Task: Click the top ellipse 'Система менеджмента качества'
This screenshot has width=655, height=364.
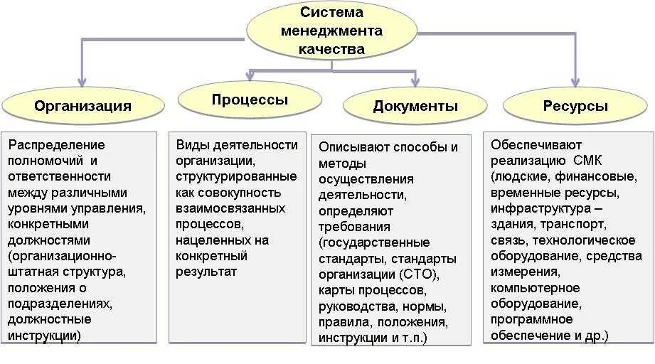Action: (331, 31)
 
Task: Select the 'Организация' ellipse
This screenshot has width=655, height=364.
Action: (82, 106)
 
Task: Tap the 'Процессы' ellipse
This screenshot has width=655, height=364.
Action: (250, 100)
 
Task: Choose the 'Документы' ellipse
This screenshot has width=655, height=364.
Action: (415, 107)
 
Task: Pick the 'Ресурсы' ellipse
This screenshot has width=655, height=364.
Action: (575, 106)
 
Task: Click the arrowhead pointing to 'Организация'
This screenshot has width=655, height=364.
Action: (82, 80)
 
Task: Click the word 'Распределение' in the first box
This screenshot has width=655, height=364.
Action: (47, 145)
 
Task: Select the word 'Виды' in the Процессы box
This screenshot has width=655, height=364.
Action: (190, 145)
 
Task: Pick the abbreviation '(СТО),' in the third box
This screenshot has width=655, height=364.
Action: (420, 274)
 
